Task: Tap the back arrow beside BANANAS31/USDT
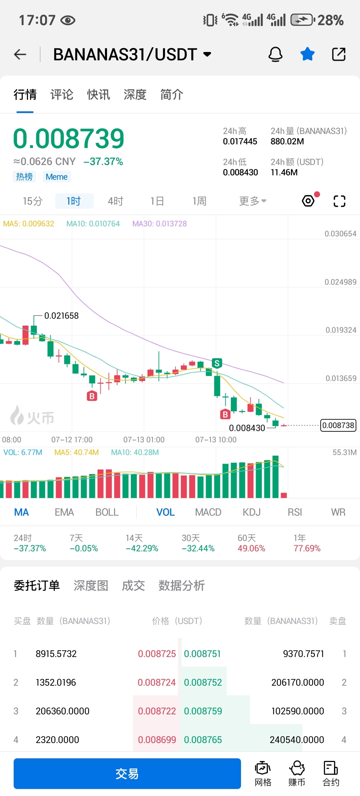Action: (x=20, y=54)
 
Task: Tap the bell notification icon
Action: (x=275, y=54)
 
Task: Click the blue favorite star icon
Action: (x=307, y=54)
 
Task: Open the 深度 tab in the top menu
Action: (x=135, y=95)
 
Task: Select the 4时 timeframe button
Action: (x=115, y=201)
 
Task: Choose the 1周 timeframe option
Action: (x=199, y=201)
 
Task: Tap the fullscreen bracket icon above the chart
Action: (x=339, y=201)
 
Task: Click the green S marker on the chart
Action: (x=217, y=363)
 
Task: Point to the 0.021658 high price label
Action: (x=61, y=316)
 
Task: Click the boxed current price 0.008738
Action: (x=338, y=425)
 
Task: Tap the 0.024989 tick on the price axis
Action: (x=340, y=282)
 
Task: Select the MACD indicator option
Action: (x=208, y=512)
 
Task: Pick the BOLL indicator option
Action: (x=107, y=512)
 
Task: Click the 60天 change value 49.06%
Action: (x=251, y=548)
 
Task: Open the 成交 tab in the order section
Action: (x=133, y=586)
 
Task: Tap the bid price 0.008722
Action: (x=157, y=711)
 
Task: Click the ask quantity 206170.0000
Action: (x=297, y=682)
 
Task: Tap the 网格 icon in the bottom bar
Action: (x=263, y=774)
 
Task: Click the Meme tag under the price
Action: (x=57, y=177)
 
